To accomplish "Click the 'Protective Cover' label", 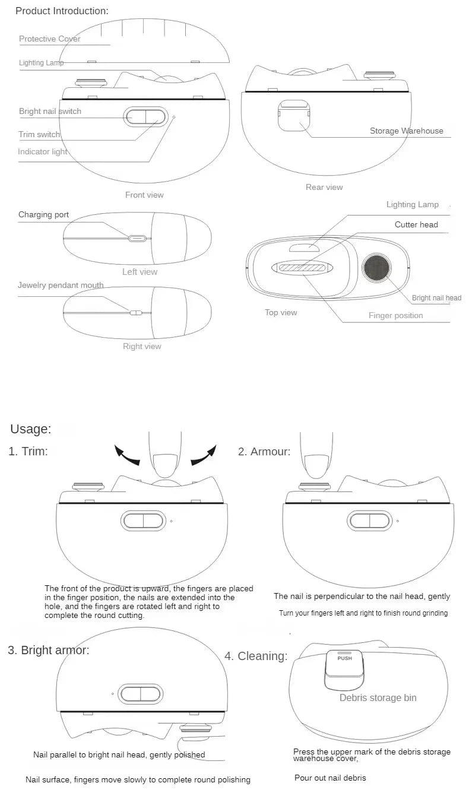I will pos(50,39).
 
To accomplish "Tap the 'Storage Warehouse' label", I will pos(406,131).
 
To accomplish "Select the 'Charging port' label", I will pos(43,215).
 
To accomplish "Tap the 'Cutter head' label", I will pos(416,225).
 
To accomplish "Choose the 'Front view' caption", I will pos(144,195).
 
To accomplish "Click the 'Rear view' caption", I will pos(324,188).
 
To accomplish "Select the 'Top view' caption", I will pos(281,313).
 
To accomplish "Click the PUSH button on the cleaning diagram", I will pos(344,659).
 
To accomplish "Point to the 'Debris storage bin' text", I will pos(378,698).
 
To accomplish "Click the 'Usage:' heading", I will pos(31,429).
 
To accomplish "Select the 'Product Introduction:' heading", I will pos(62,11).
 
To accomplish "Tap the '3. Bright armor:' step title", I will pos(49,650).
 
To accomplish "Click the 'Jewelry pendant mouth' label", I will pos(61,286).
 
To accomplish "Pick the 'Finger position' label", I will pos(395,316).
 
